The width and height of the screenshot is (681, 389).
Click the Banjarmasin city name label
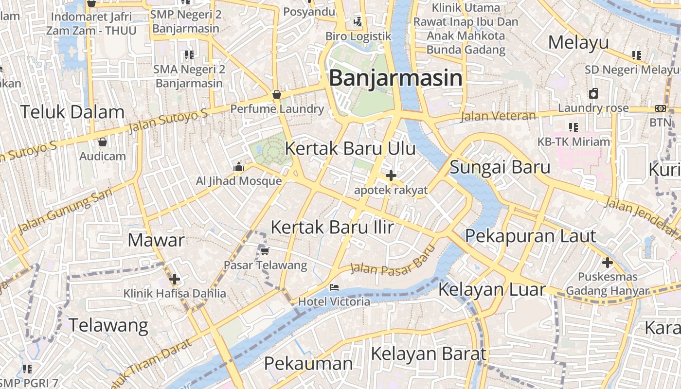click(x=395, y=78)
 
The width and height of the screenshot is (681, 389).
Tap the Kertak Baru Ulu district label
click(x=350, y=148)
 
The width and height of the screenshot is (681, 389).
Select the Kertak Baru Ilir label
click(x=332, y=227)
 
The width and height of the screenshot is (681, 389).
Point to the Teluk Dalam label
click(x=72, y=112)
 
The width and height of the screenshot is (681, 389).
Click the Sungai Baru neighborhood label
click(x=500, y=167)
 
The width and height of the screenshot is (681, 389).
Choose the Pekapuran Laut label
click(x=530, y=236)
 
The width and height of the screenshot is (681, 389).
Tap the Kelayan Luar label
click(x=492, y=289)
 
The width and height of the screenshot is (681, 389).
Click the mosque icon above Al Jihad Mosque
click(x=238, y=167)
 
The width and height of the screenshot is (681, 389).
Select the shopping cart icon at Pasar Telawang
click(x=265, y=251)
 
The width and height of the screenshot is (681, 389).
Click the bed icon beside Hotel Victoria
click(x=334, y=287)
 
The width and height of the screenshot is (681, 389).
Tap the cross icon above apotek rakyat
click(x=391, y=176)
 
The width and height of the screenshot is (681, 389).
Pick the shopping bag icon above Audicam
click(x=102, y=142)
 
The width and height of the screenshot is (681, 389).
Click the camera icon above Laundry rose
click(x=593, y=93)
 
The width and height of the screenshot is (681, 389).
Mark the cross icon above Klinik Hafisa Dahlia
click(x=174, y=279)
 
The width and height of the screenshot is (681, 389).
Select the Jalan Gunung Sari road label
click(x=65, y=210)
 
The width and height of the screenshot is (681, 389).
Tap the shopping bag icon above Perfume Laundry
click(x=276, y=94)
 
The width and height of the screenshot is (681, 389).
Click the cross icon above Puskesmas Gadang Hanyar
click(x=607, y=263)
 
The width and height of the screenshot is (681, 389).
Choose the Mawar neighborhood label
click(x=156, y=240)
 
